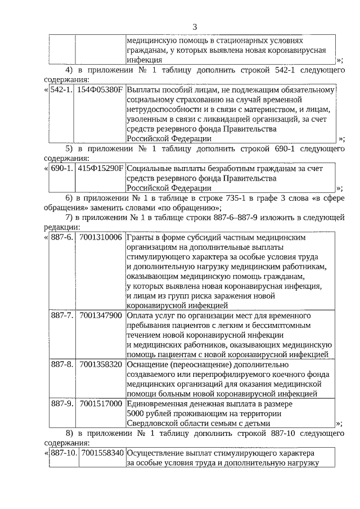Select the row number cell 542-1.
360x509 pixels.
(x=61, y=90)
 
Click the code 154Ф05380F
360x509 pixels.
(x=100, y=90)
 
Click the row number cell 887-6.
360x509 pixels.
(x=62, y=237)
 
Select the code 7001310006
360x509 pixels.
(x=101, y=237)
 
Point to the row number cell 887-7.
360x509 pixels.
(x=62, y=315)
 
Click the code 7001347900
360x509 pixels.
(x=101, y=315)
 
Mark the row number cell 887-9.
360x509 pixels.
(x=62, y=403)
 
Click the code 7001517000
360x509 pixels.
(x=101, y=403)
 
